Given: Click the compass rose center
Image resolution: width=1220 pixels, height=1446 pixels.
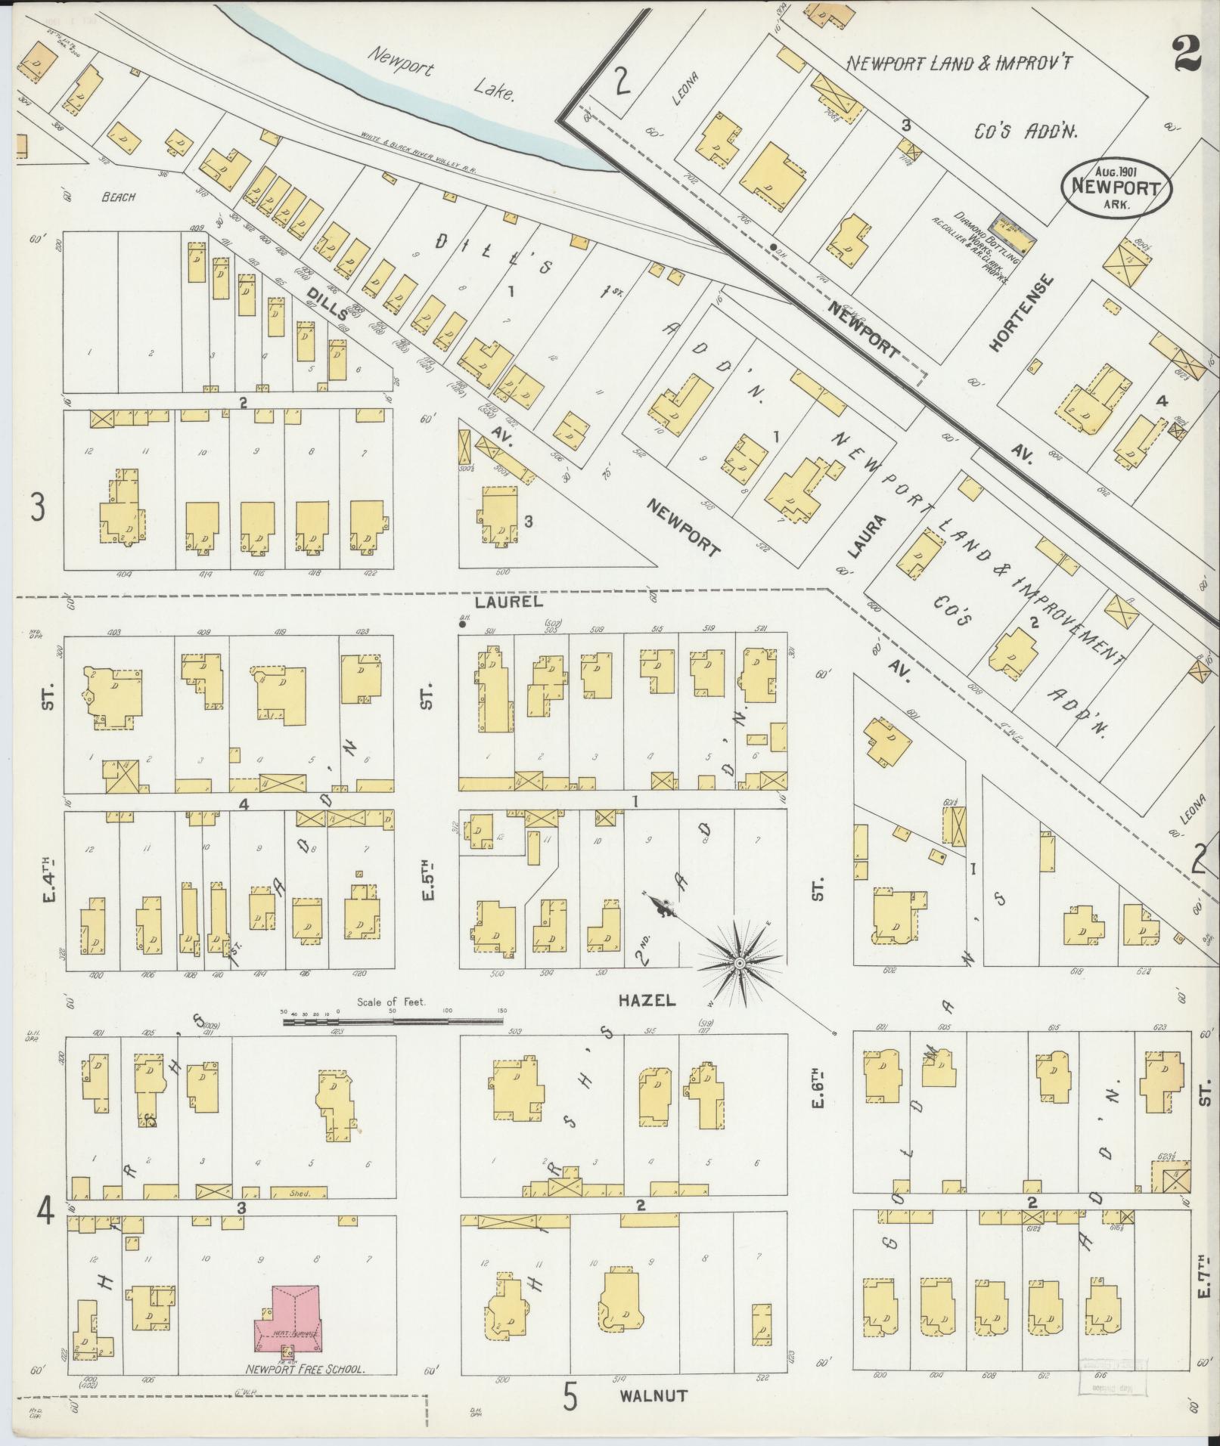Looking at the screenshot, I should pyautogui.click(x=739, y=962).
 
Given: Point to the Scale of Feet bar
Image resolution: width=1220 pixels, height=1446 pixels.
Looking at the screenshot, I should pyautogui.click(x=393, y=1021).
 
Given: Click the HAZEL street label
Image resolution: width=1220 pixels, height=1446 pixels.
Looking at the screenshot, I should pyautogui.click(x=646, y=1001).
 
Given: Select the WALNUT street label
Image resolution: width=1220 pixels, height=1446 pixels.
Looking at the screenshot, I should pyautogui.click(x=653, y=1395).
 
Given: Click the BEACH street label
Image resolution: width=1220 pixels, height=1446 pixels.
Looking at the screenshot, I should pyautogui.click(x=120, y=197).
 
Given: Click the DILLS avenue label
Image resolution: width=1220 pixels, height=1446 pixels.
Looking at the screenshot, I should pyautogui.click(x=327, y=302).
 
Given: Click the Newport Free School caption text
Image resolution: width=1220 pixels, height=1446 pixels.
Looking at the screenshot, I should pyautogui.click(x=306, y=1369).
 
